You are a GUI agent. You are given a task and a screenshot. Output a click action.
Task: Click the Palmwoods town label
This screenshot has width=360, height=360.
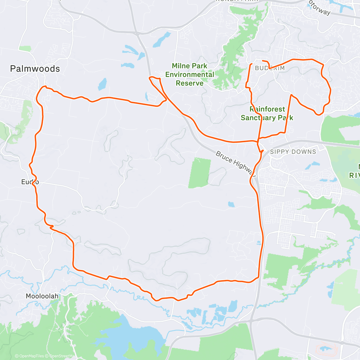[35, 69]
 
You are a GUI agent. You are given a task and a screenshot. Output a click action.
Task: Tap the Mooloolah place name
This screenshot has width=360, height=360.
[42, 296]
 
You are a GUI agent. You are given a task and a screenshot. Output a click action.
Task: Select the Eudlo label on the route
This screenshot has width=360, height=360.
[30, 182]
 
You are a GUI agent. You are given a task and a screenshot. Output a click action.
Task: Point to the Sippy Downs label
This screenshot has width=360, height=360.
[293, 152]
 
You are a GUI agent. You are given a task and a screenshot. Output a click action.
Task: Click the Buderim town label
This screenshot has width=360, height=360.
[270, 68]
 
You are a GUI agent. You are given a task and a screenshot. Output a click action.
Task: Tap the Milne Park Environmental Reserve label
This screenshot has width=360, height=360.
[190, 74]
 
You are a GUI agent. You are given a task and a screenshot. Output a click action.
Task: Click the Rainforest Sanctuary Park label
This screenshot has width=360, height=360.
[267, 113]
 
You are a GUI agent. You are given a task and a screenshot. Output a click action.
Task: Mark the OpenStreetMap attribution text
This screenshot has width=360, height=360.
[63, 356]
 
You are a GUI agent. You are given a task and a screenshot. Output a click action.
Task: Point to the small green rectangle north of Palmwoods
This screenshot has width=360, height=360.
[25, 48]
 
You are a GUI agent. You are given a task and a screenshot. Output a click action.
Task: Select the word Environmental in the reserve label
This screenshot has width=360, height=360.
[190, 74]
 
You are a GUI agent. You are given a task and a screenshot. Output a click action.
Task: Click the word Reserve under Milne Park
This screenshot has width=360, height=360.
[190, 83]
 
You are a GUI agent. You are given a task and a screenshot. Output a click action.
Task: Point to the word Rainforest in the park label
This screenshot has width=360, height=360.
[267, 109]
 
